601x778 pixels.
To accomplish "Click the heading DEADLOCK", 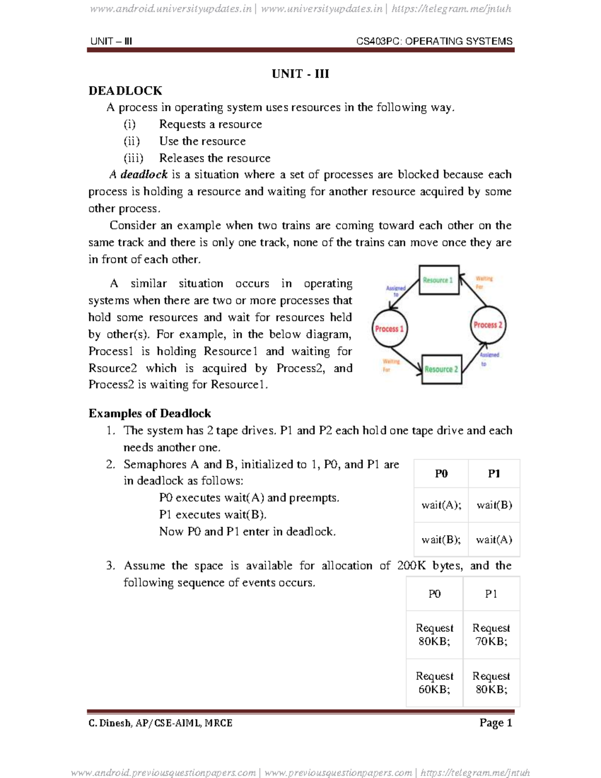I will click(125, 91).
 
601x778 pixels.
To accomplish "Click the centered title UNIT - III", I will click(300, 74).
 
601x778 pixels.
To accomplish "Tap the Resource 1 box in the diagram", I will click(438, 280).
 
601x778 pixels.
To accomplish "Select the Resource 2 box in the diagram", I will click(441, 369).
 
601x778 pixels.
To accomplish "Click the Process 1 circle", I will click(390, 329).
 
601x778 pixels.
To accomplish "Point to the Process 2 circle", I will click(488, 325).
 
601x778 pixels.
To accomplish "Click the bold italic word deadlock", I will click(144, 174).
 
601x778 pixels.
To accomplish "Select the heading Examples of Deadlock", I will click(149, 413).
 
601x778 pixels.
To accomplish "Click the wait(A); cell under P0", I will click(441, 505).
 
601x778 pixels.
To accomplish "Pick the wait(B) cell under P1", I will click(494, 505).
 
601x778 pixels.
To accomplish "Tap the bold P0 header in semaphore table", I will click(441, 474).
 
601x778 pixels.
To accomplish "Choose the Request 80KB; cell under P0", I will click(434, 634).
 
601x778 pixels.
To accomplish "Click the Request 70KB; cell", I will click(491, 634).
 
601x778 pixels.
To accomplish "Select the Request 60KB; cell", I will click(434, 682).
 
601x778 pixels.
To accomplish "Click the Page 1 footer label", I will click(495, 722).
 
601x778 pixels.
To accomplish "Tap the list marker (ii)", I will click(132, 141).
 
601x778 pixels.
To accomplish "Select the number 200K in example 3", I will click(411, 566).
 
